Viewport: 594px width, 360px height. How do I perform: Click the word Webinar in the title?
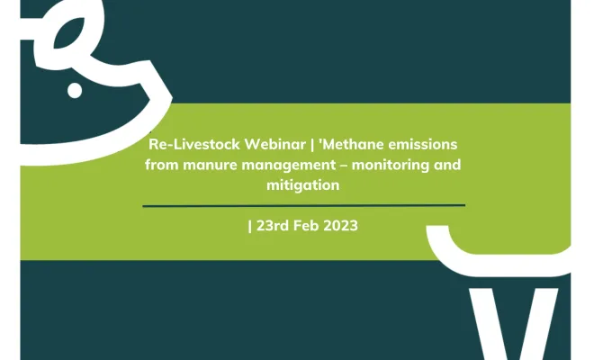coord(275,144)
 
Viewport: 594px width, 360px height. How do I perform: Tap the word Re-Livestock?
coord(194,144)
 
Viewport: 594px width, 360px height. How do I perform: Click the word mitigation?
coord(303,186)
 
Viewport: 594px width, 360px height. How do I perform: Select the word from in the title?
coord(162,165)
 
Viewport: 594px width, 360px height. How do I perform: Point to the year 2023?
coord(340,226)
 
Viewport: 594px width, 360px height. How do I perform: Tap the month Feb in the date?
coord(307,226)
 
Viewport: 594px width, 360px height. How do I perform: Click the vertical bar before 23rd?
coord(249,226)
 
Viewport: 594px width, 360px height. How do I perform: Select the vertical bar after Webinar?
coord(312,145)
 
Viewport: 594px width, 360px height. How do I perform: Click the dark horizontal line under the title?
coord(304,206)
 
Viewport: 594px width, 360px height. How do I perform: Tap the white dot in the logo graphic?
coord(75,91)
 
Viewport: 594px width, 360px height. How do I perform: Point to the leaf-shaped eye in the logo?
coord(69,33)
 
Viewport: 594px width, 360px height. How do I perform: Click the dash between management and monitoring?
coord(344,166)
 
